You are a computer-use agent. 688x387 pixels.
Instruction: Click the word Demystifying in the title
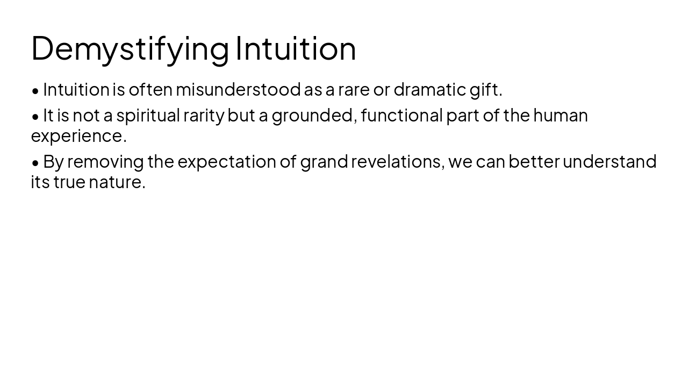pyautogui.click(x=130, y=48)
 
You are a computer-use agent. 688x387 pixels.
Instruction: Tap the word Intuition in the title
pyautogui.click(x=296, y=48)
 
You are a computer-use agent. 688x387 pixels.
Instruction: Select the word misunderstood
pyautogui.click(x=238, y=89)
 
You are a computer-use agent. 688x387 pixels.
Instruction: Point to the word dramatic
pyautogui.click(x=429, y=89)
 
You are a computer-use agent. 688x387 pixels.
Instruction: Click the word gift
pyautogui.click(x=485, y=89)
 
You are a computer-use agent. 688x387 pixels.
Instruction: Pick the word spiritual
pyautogui.click(x=148, y=115)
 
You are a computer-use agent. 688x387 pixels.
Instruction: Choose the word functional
pyautogui.click(x=402, y=115)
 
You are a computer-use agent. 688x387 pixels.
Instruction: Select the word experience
pyautogui.click(x=78, y=135)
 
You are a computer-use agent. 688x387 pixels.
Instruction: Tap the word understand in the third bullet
pyautogui.click(x=609, y=161)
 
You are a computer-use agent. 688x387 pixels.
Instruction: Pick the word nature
pyautogui.click(x=117, y=182)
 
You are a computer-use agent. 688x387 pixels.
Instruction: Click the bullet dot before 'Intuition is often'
pyautogui.click(x=35, y=90)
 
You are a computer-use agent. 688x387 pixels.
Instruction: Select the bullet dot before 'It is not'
pyautogui.click(x=35, y=116)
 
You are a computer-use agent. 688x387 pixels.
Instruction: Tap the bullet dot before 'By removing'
pyautogui.click(x=35, y=162)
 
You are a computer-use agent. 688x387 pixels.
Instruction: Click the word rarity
pyautogui.click(x=204, y=115)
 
